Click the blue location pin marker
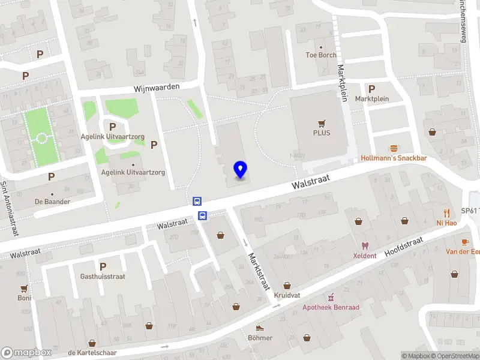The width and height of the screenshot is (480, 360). (x=240, y=169)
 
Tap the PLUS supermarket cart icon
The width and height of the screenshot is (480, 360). (x=322, y=123)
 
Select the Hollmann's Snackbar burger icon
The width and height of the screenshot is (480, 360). (x=394, y=148)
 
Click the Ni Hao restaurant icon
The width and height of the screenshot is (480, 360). (x=446, y=213)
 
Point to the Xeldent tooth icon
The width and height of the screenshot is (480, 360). (x=364, y=246)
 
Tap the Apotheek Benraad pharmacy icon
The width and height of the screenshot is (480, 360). (x=330, y=297)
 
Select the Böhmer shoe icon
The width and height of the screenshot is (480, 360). (x=260, y=328)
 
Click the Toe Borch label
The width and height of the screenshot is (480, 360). (x=321, y=55)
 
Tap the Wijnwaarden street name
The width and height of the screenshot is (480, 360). (x=157, y=88)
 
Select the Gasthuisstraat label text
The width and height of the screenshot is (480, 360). (x=103, y=277)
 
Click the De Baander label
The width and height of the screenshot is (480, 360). (x=52, y=202)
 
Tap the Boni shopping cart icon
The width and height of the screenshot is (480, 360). (x=24, y=289)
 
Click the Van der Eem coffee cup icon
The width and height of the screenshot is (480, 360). (x=464, y=241)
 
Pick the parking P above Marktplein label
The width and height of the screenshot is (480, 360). (x=372, y=88)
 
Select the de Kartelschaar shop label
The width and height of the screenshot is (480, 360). (x=92, y=352)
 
